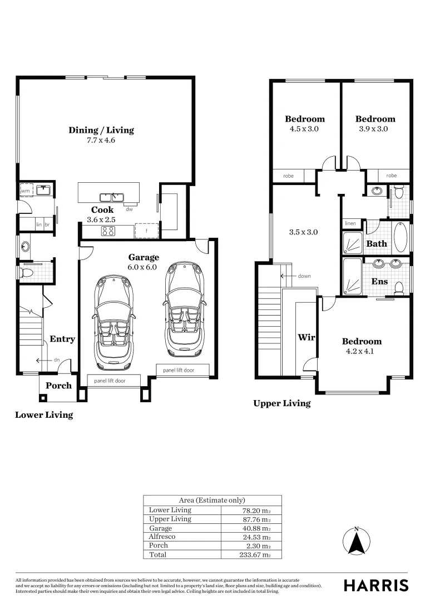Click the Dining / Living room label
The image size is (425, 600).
pos(101,130)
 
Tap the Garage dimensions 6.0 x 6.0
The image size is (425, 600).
pos(144,267)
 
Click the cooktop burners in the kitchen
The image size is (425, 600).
pos(108,232)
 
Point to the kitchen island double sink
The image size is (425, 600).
pos(111,197)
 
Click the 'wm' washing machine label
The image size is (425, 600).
pos(25,191)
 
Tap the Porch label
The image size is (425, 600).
pos(58,386)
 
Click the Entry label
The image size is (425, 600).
pos(62,339)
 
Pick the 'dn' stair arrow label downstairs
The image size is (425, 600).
pos(56,360)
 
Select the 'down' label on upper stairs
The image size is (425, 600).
pos(304,276)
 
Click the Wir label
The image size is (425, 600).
pos(306,337)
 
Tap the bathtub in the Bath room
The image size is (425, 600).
pos(401,237)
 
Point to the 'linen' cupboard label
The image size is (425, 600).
pos(350,223)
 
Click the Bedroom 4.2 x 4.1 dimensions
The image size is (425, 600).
pos(362,351)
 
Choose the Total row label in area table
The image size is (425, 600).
pos(157,554)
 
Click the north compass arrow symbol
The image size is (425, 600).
pos(357,542)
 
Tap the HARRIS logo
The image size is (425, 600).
pos(375,585)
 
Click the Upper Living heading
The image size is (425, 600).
pos(281,403)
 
